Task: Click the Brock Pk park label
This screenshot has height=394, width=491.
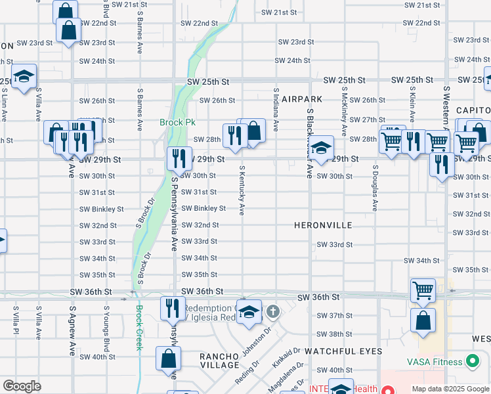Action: [x=173, y=123]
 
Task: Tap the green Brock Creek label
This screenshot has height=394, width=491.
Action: [x=139, y=328]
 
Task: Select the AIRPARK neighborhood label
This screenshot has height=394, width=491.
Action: [x=304, y=98]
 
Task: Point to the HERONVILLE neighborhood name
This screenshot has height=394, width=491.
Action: [x=324, y=225]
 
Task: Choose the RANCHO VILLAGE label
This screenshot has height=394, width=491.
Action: [x=219, y=361]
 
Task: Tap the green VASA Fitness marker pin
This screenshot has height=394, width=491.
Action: [x=471, y=361]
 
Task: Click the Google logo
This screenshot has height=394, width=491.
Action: [x=22, y=386]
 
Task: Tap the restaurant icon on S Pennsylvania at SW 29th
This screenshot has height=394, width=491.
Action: [x=177, y=158]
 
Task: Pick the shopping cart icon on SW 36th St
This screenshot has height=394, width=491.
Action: [x=423, y=289]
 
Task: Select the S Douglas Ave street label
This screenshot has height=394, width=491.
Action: [x=375, y=187]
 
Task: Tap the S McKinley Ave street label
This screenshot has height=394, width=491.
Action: [x=343, y=108]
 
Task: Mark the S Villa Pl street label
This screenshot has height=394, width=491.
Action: [x=15, y=321]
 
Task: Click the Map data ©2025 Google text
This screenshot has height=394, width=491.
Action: [x=450, y=389]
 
